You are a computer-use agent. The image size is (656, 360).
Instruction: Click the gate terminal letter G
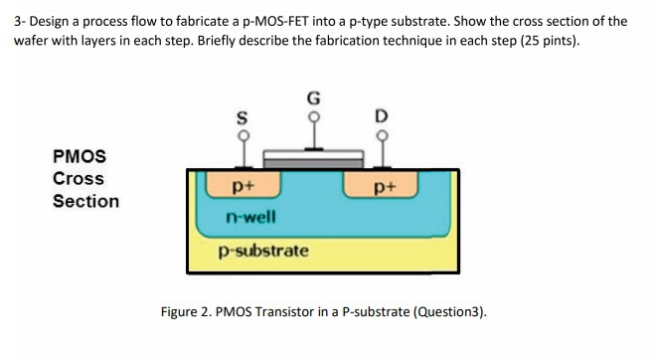313,98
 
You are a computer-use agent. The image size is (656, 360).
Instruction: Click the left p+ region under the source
242,184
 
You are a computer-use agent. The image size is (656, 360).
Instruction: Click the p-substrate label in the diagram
262,250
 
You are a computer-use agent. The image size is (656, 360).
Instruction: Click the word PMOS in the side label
80,156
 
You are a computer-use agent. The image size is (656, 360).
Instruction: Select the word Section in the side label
85,201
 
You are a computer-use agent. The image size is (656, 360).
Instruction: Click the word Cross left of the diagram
79,179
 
